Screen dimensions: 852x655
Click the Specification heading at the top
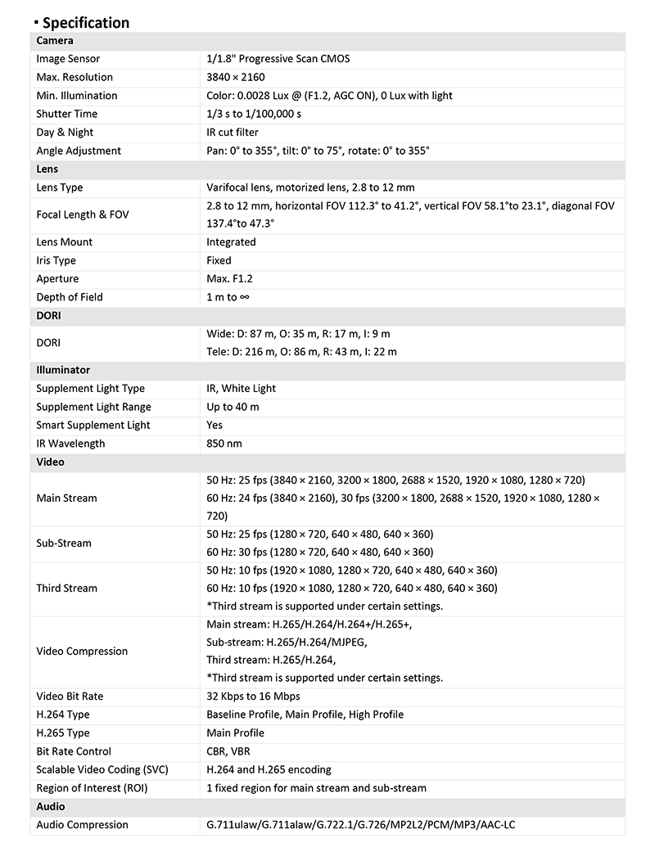85,22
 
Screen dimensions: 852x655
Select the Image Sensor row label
68,59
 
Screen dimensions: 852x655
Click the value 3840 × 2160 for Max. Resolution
236,77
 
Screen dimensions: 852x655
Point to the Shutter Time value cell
254,114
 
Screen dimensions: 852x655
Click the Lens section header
47,169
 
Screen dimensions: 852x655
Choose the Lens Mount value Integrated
231,241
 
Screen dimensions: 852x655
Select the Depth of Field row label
70,297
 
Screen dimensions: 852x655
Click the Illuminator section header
63,370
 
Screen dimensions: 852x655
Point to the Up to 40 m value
233,407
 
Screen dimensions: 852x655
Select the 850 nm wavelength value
224,444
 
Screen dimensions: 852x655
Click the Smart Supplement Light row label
94,425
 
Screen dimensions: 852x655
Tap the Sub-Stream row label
64,543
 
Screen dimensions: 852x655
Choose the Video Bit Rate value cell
253,696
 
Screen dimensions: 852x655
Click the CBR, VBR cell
228,751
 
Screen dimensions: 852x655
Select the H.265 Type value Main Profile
235,733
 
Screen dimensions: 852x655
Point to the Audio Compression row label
82,824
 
